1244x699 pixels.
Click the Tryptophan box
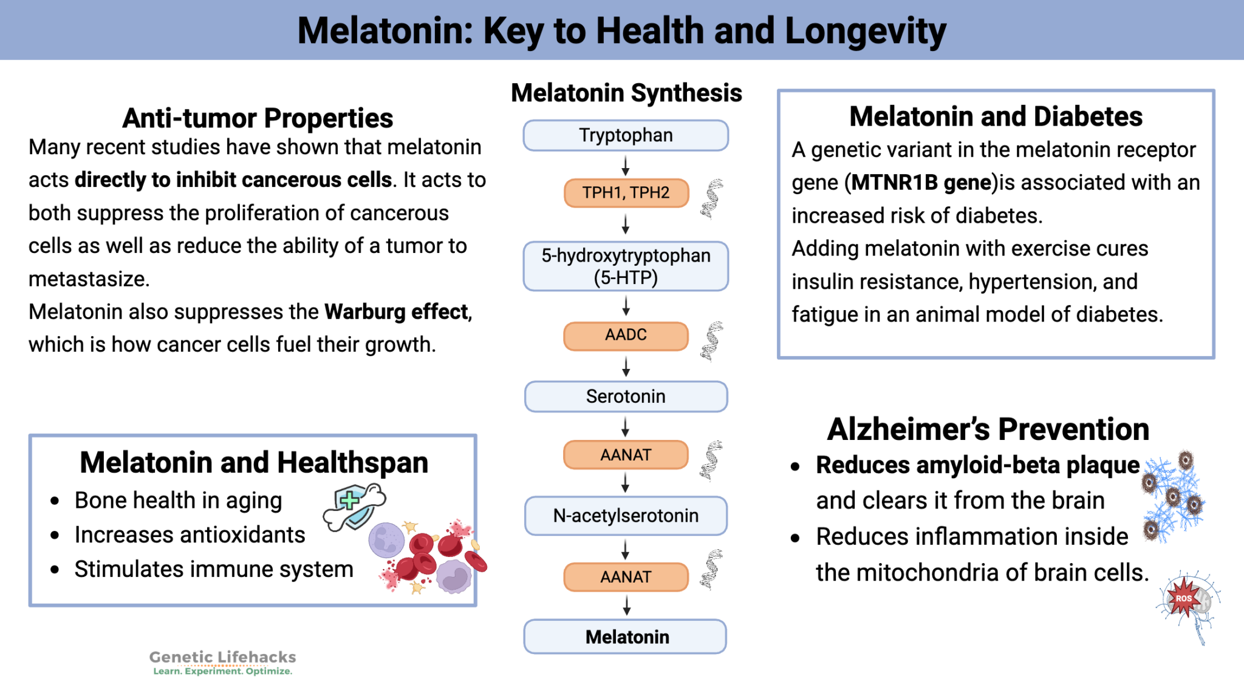coord(626,135)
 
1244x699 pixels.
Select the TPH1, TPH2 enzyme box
coord(626,193)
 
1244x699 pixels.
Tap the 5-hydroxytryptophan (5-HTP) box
coord(626,266)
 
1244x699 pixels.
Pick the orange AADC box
coord(626,336)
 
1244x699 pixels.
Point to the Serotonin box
coord(626,396)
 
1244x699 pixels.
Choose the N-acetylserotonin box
coord(626,516)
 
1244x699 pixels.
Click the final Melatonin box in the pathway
coord(626,637)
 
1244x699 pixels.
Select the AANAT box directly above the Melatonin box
coord(626,576)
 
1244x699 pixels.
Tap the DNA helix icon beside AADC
coord(712,341)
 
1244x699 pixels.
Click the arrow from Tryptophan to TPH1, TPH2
coord(626,165)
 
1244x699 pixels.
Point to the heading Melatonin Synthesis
coord(626,93)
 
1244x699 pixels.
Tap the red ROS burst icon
coord(1183,598)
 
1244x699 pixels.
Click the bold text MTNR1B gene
coord(921,183)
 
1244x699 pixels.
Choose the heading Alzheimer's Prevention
coord(988,430)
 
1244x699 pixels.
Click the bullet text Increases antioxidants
coord(190,535)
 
